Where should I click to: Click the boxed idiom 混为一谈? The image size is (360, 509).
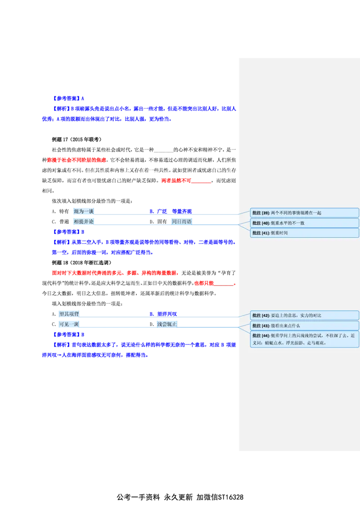[x=84, y=211]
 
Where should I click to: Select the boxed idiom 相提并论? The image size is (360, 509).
[x=84, y=221]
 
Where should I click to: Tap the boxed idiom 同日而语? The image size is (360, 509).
[x=182, y=221]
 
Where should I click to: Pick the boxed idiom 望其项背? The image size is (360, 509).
[x=69, y=314]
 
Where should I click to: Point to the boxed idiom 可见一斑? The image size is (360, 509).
[x=69, y=324]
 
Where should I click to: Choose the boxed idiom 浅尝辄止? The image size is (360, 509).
[x=167, y=324]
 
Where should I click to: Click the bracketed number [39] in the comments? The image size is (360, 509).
[x=265, y=213]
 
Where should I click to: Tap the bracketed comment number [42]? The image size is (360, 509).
[x=265, y=315]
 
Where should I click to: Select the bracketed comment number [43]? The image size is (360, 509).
[x=265, y=326]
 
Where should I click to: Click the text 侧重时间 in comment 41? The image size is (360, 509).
[x=279, y=233]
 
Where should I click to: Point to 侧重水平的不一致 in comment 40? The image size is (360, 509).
[x=288, y=223]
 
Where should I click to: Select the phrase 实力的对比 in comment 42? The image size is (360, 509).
[x=310, y=315]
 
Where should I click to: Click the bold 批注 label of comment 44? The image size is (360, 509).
[x=256, y=336]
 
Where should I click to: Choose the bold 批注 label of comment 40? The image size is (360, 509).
[x=256, y=223]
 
